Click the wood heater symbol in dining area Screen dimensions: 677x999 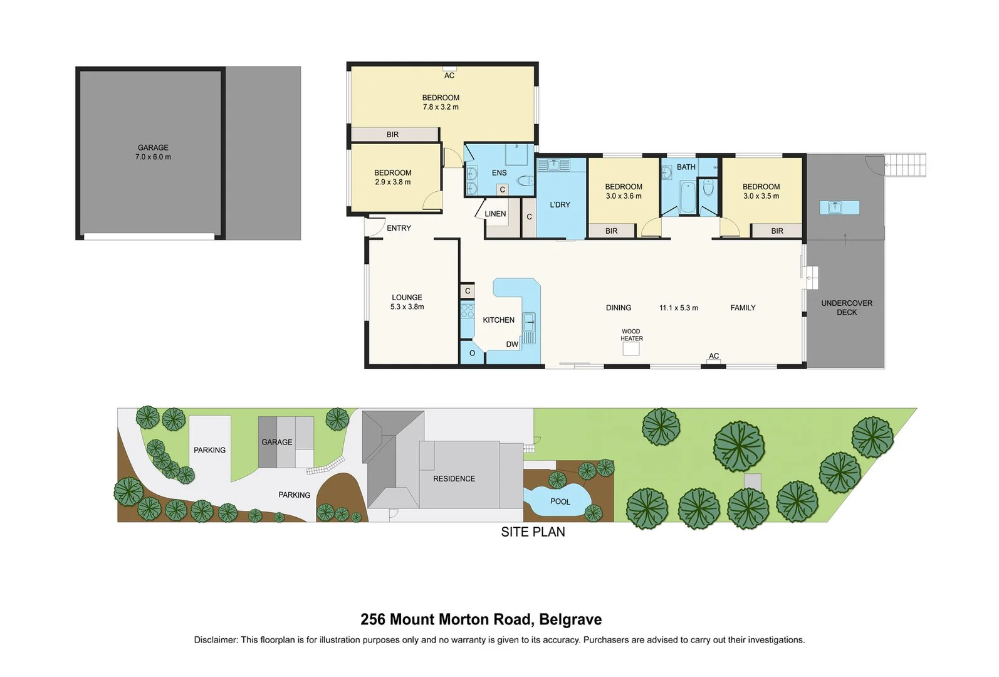(630, 349)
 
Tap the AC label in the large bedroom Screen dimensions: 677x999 (449, 75)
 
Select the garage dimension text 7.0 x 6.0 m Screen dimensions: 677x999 (153, 157)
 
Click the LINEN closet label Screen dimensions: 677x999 (495, 214)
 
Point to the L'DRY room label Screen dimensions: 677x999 (560, 204)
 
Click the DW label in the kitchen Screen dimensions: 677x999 (512, 344)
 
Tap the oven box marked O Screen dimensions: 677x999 (472, 354)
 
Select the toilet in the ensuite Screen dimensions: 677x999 (523, 182)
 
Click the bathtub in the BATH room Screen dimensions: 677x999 (687, 197)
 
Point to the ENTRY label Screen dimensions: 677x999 (399, 228)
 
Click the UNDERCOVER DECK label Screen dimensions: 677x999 (847, 307)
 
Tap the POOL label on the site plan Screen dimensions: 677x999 (560, 501)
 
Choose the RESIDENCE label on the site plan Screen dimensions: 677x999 (454, 478)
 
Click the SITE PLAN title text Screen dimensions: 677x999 (533, 532)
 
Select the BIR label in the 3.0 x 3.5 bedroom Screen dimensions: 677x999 (777, 231)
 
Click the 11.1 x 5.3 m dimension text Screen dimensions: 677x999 (678, 308)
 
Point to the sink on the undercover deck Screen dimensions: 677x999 (835, 207)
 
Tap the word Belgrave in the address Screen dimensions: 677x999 (570, 619)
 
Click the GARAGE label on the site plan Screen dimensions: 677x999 (277, 442)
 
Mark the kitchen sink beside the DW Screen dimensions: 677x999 (529, 322)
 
